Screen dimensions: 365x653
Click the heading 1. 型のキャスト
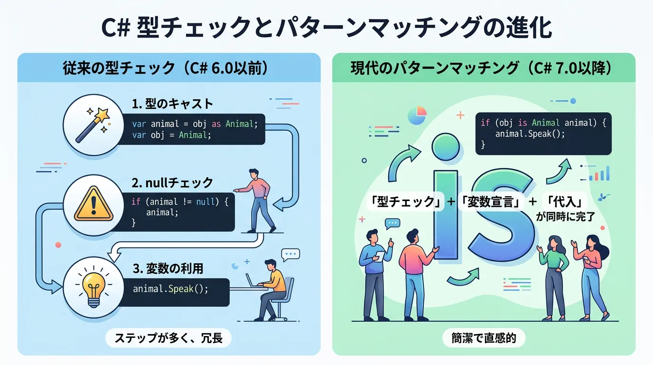[x=173, y=103]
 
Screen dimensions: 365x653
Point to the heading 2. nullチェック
[x=173, y=182]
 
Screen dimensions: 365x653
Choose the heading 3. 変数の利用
[x=168, y=269]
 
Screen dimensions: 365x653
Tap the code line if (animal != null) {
[x=180, y=202]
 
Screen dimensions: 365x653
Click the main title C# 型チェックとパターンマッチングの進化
[x=326, y=27]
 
